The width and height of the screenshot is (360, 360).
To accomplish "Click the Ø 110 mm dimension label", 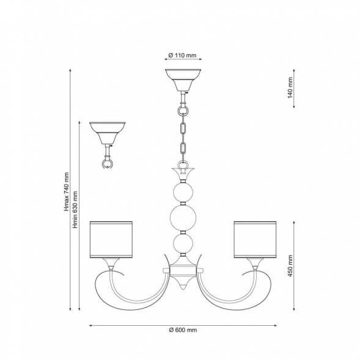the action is click(183, 56).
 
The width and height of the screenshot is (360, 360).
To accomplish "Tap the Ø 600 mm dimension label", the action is click(183, 330).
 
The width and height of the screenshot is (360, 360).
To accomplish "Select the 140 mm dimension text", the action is click(290, 88).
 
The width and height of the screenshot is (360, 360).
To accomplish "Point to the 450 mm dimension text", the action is click(290, 266).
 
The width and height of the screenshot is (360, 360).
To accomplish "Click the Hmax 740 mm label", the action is click(67, 192).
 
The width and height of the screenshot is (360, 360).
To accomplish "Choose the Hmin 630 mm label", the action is click(75, 210).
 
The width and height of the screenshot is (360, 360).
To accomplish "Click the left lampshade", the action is click(111, 240).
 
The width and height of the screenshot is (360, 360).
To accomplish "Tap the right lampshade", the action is click(255, 240).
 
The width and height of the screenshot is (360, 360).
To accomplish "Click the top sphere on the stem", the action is click(183, 193).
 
